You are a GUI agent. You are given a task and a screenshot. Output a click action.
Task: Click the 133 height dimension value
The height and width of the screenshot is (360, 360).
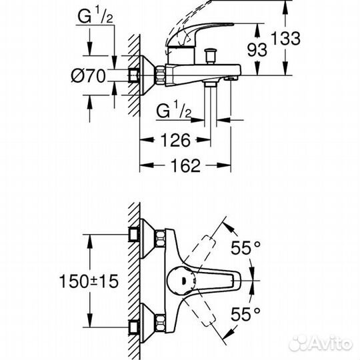coord(285,38)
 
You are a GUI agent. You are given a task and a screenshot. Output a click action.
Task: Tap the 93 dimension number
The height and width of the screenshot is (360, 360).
coord(257,50)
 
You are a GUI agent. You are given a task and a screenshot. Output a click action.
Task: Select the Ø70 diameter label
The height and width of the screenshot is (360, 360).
coord(88,75)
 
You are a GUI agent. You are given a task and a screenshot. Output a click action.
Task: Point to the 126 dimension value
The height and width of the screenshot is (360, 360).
coord(175,140)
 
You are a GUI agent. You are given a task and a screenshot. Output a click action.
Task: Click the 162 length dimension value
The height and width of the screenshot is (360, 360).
coord(185,165)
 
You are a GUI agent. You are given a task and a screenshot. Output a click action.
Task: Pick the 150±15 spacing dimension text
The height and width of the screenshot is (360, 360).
coord(89,281)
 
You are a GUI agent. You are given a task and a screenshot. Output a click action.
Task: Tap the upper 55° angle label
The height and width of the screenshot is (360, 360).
coord(245,248)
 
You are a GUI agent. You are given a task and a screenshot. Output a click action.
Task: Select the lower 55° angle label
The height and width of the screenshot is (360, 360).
coord(245,314)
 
